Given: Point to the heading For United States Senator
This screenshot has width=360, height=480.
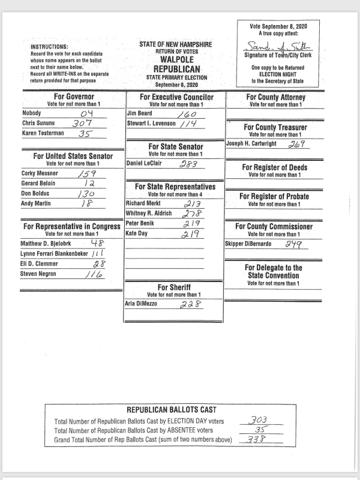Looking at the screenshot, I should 71,156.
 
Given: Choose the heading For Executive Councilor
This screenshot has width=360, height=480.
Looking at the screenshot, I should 176,97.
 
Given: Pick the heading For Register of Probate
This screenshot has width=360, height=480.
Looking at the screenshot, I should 274,196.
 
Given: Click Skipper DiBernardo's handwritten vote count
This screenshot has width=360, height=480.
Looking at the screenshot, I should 293,244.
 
